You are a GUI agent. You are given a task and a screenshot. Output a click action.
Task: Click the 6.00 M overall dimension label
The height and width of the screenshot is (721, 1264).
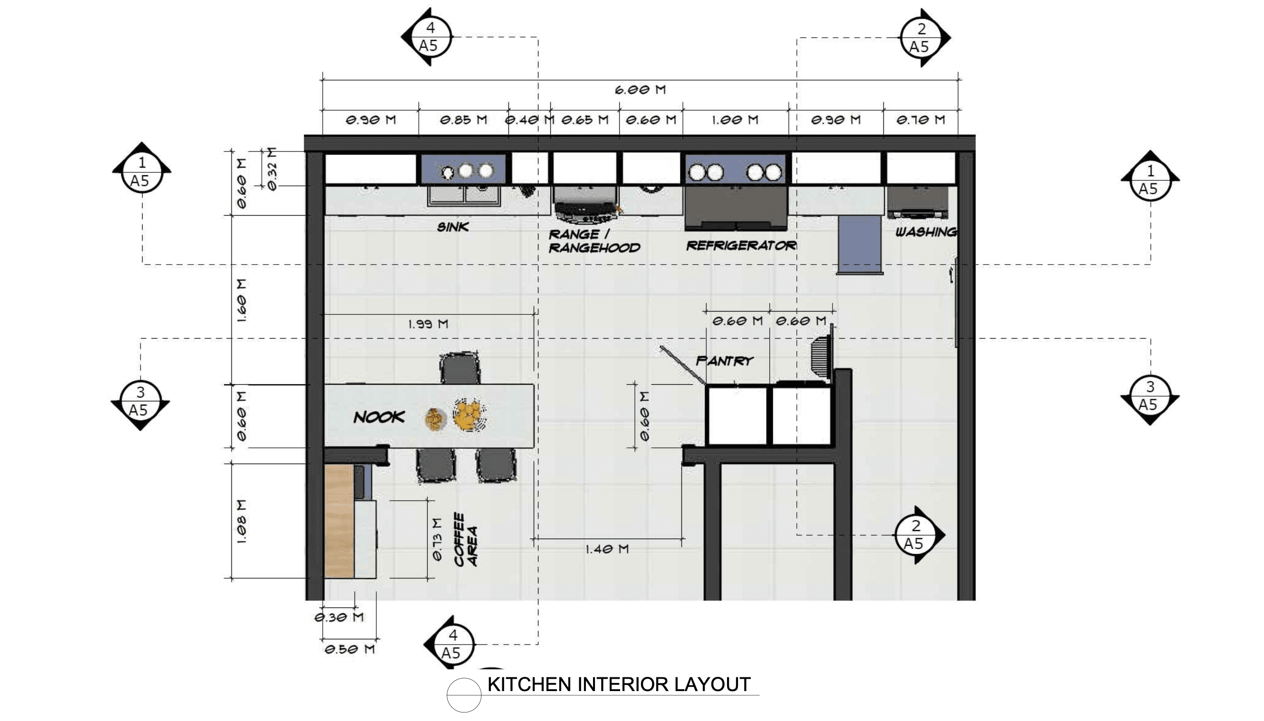tap(640, 90)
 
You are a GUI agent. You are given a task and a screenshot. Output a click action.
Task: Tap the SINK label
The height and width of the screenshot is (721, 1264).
tap(453, 227)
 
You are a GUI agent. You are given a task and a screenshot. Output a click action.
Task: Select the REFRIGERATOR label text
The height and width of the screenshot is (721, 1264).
tap(741, 245)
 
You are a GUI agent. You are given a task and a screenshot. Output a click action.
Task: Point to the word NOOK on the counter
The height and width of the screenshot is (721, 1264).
tap(379, 417)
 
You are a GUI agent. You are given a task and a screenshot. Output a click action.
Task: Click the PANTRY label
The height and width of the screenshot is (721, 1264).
tap(724, 360)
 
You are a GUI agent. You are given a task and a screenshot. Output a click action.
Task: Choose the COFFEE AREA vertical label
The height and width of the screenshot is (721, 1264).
tap(466, 539)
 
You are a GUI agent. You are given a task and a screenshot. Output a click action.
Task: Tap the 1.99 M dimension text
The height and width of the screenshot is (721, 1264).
tap(428, 324)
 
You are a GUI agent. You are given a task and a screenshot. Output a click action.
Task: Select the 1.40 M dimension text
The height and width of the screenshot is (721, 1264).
tap(607, 549)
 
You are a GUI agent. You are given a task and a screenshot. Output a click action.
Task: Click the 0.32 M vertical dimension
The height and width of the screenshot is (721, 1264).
tap(271, 168)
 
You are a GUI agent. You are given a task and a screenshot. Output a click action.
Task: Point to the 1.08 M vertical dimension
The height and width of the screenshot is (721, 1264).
tap(241, 522)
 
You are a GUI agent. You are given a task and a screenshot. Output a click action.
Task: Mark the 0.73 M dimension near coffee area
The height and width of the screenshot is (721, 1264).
tap(436, 539)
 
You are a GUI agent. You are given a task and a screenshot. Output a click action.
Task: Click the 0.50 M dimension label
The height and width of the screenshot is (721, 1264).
tap(350, 649)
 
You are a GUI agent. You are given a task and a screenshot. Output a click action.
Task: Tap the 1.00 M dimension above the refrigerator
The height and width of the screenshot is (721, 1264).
tap(735, 120)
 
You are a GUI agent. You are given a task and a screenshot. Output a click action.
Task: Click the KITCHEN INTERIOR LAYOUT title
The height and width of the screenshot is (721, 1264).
tap(619, 684)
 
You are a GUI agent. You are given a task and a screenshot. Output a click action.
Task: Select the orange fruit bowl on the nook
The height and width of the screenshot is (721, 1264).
tap(469, 413)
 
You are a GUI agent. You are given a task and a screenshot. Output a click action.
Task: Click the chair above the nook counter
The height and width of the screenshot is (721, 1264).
tap(460, 368)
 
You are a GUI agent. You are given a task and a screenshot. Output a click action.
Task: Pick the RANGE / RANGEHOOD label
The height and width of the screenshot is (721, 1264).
tap(594, 241)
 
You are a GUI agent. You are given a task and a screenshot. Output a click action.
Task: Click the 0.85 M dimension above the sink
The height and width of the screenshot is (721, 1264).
tap(464, 120)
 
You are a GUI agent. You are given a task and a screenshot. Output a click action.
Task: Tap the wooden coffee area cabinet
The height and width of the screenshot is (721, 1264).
tap(339, 521)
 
